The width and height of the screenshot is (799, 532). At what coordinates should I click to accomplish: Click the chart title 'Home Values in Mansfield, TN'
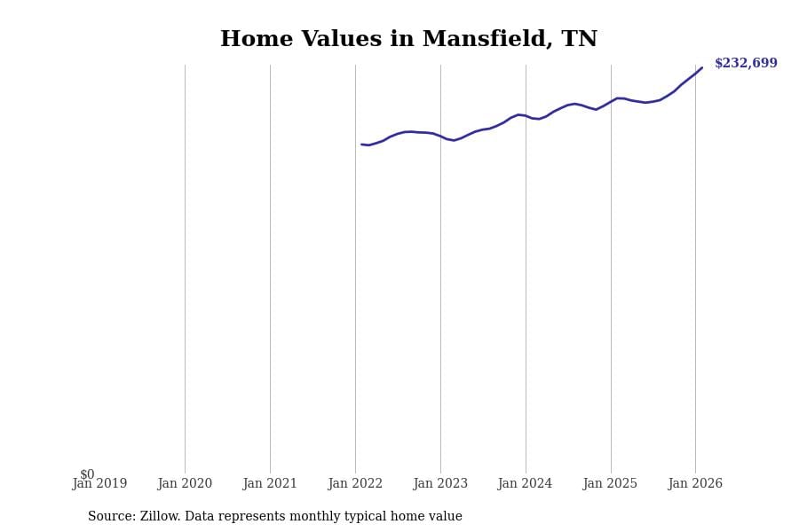click(x=408, y=40)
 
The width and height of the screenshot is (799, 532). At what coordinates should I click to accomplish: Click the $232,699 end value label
click(x=746, y=64)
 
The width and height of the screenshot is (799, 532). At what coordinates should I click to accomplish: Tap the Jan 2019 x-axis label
click(x=99, y=484)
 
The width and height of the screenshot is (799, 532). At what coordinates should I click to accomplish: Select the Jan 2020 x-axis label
click(x=185, y=484)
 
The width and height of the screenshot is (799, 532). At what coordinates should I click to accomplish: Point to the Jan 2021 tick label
click(x=270, y=484)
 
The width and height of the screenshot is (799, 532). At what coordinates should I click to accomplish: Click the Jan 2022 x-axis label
click(x=355, y=484)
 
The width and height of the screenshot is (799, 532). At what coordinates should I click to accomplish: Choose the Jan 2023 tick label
click(x=440, y=484)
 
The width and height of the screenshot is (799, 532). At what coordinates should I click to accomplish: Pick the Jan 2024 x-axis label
click(x=525, y=484)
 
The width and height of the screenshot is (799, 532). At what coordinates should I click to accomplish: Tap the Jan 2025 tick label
click(x=610, y=484)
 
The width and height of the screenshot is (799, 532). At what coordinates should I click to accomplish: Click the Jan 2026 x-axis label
click(x=695, y=484)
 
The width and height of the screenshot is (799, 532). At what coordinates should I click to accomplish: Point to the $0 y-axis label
click(x=87, y=474)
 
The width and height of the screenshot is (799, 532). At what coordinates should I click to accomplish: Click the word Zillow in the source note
click(x=161, y=517)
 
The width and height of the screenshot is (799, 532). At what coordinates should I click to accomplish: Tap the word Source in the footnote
click(x=111, y=517)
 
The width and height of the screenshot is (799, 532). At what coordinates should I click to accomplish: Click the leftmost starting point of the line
click(x=362, y=145)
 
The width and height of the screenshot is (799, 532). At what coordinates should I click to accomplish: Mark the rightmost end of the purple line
click(x=701, y=67)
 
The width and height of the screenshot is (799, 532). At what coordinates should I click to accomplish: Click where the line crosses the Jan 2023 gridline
click(x=440, y=137)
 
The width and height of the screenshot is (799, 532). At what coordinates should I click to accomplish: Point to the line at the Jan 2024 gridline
click(x=526, y=115)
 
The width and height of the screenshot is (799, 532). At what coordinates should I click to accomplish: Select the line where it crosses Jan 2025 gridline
click(x=611, y=101)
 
